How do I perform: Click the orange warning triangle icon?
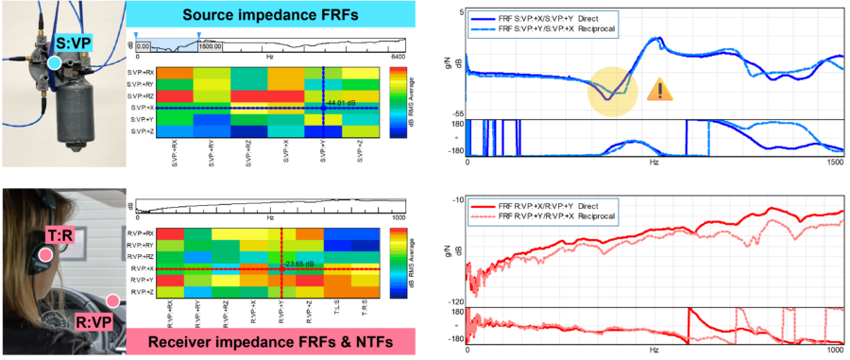pos(659,90)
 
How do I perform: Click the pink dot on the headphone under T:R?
pos(44,254)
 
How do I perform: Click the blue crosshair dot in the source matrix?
pos(323,108)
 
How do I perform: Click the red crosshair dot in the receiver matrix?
pos(281,269)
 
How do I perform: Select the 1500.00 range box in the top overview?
pos(211,44)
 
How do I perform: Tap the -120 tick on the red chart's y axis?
pos(452,301)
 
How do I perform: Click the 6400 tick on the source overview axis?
pos(398,58)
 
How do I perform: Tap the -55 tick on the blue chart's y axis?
pos(457,112)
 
